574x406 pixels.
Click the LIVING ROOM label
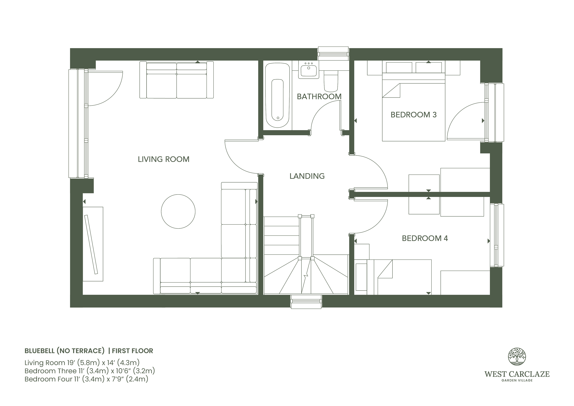(163, 159)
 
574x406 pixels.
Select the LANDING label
(307, 176)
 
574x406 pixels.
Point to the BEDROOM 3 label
(413, 115)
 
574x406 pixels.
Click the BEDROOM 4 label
(425, 238)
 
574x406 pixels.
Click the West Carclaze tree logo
(517, 356)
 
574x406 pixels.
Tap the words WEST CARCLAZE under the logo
(517, 374)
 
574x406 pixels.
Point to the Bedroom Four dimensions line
(86, 379)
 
